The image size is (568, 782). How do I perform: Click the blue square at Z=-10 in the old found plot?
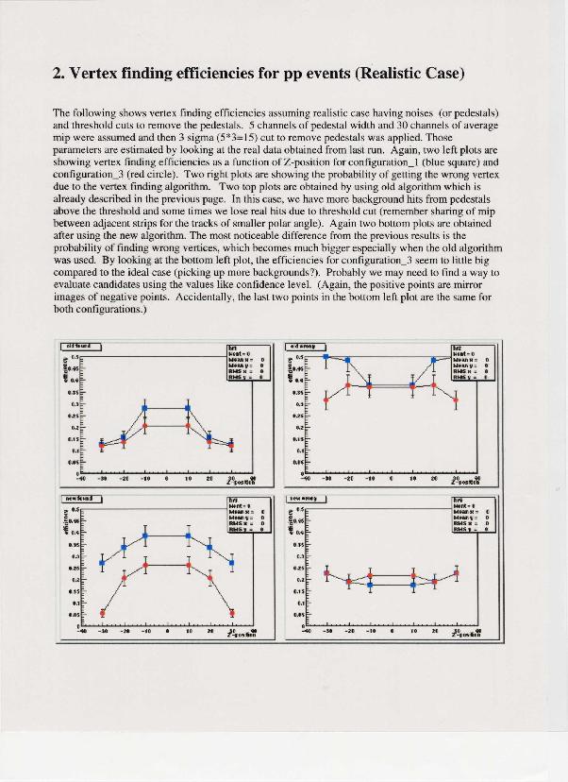145,409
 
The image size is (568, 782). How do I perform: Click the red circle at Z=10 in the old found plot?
189,426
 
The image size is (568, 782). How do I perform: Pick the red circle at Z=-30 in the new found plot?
103,613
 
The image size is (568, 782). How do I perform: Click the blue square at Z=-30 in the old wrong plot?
326,358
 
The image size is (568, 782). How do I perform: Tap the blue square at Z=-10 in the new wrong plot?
370,586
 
